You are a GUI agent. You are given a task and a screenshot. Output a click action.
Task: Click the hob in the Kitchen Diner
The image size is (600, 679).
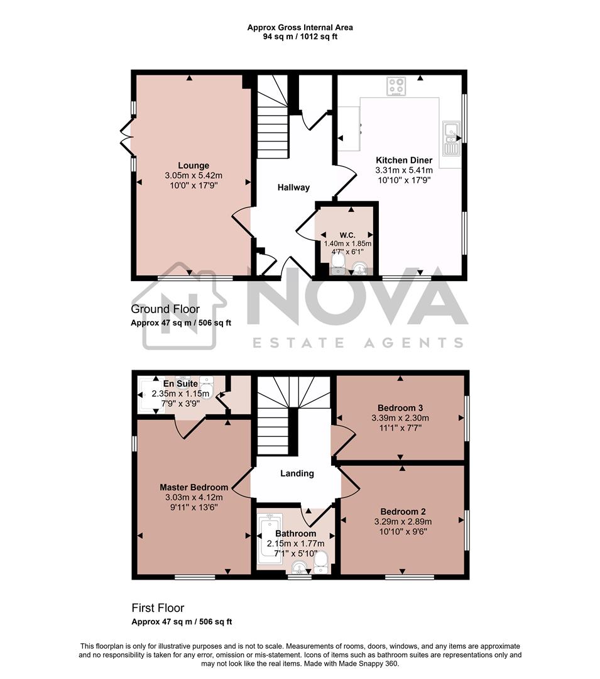coord(396,86)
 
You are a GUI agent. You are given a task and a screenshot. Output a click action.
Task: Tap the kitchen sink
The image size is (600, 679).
coord(451,139)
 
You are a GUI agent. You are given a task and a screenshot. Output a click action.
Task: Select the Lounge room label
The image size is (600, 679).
coord(193,166)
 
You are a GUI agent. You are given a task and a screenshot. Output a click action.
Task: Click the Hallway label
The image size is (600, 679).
coord(294,187)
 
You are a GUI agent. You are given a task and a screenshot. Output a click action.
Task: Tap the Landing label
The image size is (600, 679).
coord(297,473)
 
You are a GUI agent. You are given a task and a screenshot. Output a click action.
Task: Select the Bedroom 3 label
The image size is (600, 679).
coord(400,407)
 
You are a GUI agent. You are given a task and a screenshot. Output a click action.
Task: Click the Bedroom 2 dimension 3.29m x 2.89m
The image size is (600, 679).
coord(403,522)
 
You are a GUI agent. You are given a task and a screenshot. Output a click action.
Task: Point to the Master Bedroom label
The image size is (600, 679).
coord(194,487)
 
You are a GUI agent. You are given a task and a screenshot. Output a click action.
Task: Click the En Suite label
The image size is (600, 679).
coord(181,384)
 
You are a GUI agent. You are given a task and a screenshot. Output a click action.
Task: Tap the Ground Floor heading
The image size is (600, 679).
coord(165,309)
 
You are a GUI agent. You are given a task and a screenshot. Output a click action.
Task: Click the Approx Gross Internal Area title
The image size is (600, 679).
coord(300,27)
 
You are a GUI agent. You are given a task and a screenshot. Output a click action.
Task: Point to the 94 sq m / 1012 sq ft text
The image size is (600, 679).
coord(300,36)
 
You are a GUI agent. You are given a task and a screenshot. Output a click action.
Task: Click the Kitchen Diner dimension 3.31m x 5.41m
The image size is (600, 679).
coord(403,170)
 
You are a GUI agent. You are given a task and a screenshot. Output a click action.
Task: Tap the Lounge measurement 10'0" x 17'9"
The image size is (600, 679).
coord(193,186)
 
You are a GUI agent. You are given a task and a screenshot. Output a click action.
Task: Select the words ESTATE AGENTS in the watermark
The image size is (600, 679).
coord(357,343)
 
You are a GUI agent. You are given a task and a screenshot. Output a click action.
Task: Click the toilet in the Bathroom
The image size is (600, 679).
coord(321,561)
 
